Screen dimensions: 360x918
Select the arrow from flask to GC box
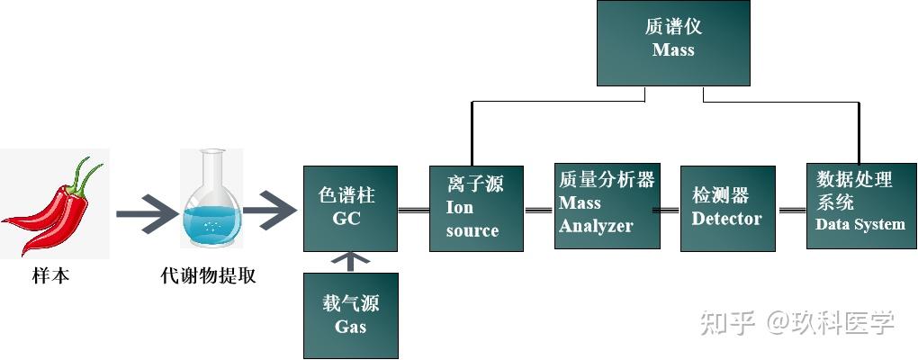(x=270, y=214)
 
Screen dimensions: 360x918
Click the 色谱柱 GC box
(x=350, y=208)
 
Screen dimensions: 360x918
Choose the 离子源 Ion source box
(x=473, y=208)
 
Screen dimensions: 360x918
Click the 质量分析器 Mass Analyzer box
(x=607, y=208)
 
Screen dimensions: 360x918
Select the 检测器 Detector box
(x=727, y=208)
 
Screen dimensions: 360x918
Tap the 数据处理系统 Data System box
(x=859, y=208)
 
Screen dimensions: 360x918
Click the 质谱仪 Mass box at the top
(x=673, y=41)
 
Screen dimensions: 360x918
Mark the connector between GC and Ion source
(x=413, y=210)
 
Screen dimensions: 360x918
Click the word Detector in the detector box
(x=727, y=219)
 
